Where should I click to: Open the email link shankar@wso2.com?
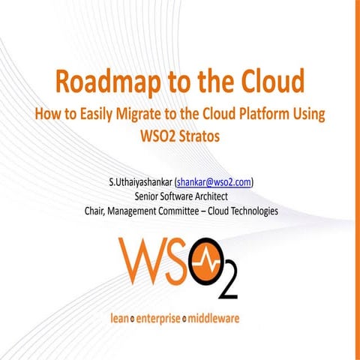[x=214, y=181]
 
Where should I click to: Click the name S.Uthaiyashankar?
[x=141, y=181]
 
